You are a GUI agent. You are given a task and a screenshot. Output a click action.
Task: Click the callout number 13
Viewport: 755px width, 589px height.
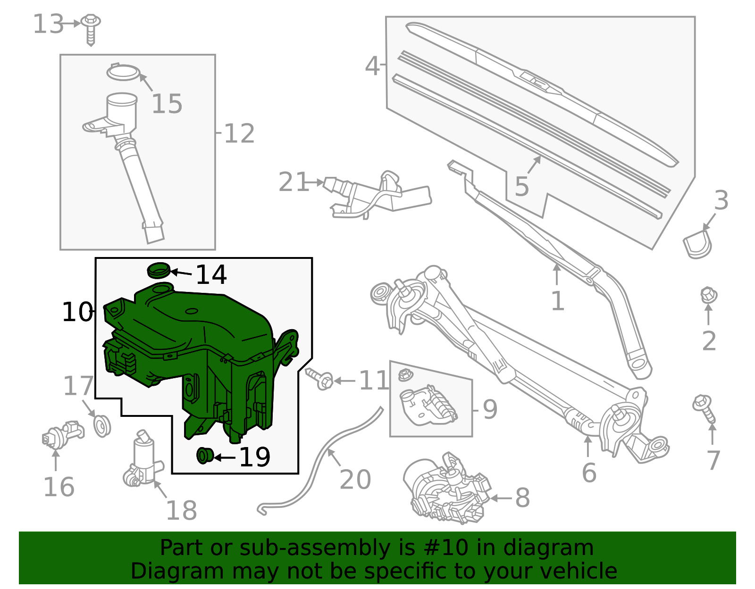pos(48,24)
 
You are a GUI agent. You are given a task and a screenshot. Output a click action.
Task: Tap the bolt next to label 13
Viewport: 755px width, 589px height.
pos(91,28)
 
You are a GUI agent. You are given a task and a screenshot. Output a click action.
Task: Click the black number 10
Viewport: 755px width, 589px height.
pos(77,312)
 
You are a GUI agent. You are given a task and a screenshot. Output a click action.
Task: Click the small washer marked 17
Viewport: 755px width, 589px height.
pos(102,425)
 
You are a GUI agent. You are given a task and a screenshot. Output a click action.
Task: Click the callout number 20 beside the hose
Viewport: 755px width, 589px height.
pos(355,480)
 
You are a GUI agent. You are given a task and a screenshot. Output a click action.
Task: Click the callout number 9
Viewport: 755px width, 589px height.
pos(490,409)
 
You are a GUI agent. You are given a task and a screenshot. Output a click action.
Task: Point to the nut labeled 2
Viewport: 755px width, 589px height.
pos(708,296)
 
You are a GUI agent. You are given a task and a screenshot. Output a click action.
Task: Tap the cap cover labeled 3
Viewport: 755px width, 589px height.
pos(697,243)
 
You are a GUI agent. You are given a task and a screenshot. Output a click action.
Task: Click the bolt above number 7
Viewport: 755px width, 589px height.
pos(704,408)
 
